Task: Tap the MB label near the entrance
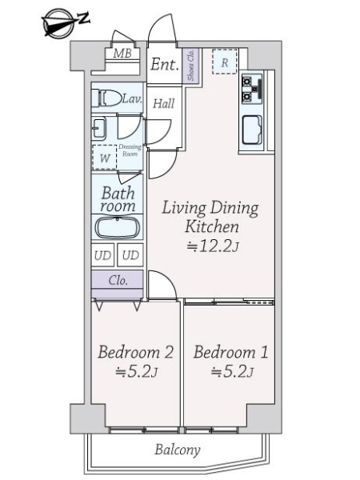(x=122, y=54)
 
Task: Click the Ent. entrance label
(x=164, y=66)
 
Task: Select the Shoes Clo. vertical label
(x=191, y=66)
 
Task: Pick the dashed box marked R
(x=225, y=62)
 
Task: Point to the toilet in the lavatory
(x=107, y=99)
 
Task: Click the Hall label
(x=164, y=103)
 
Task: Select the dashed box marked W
(x=104, y=158)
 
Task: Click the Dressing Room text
(x=130, y=151)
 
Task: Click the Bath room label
(x=118, y=200)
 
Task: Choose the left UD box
(x=102, y=256)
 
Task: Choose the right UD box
(x=130, y=256)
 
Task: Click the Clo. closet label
(x=118, y=281)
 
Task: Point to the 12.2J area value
(x=211, y=246)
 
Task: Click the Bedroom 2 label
(x=135, y=353)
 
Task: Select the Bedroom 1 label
(x=230, y=353)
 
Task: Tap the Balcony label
(x=177, y=450)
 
